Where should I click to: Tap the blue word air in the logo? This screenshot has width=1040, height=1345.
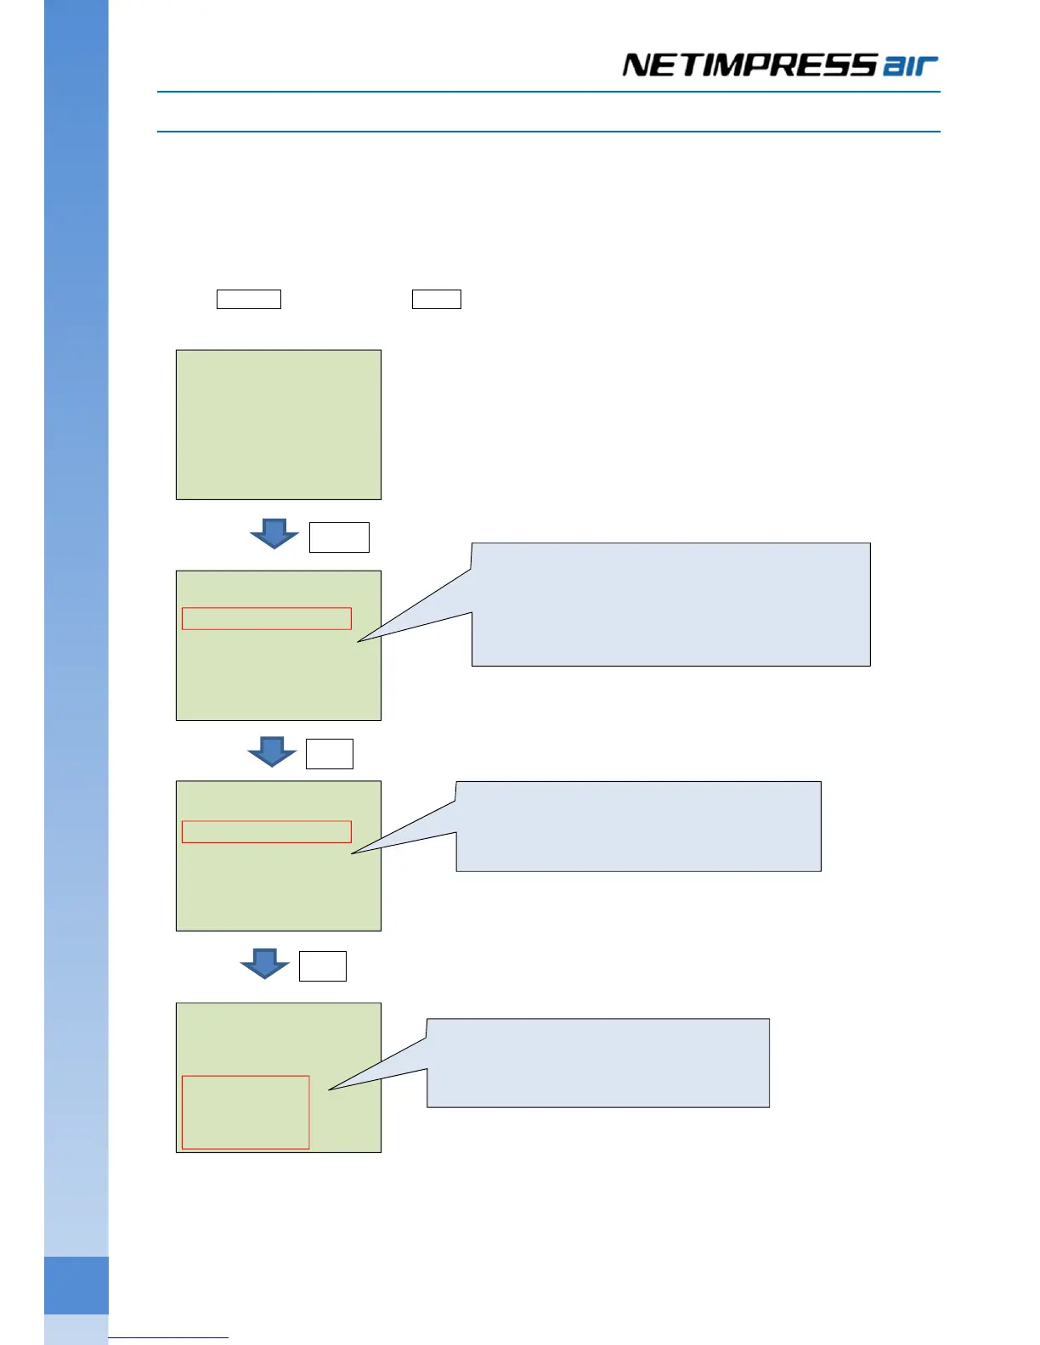click(x=910, y=66)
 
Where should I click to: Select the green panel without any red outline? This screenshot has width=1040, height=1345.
click(x=279, y=425)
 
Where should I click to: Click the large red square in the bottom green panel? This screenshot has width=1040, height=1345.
click(x=246, y=1112)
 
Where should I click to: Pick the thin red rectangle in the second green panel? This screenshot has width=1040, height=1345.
click(x=267, y=618)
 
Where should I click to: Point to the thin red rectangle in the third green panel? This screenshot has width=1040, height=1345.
click(x=267, y=831)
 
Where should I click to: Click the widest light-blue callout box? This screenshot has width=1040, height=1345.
click(x=671, y=605)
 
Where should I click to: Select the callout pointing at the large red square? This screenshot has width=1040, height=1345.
click(x=598, y=1063)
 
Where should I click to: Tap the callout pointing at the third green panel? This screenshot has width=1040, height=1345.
click(x=639, y=826)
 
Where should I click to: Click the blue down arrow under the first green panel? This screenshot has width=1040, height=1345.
click(x=274, y=533)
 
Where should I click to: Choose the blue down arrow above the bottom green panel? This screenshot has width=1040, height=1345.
click(x=265, y=964)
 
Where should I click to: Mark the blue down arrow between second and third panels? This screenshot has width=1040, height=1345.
click(x=272, y=751)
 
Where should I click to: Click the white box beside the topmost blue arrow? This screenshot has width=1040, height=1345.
click(x=339, y=537)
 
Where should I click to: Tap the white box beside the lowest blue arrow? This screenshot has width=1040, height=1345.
click(x=323, y=966)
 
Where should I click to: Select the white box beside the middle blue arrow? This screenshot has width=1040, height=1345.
click(x=330, y=754)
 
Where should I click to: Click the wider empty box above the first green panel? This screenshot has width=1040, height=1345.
click(x=249, y=299)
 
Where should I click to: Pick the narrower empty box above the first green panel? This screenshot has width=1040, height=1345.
click(x=437, y=299)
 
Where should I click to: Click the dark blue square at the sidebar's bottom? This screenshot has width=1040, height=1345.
click(x=76, y=1286)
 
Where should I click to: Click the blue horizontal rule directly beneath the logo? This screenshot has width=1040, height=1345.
click(x=549, y=92)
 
